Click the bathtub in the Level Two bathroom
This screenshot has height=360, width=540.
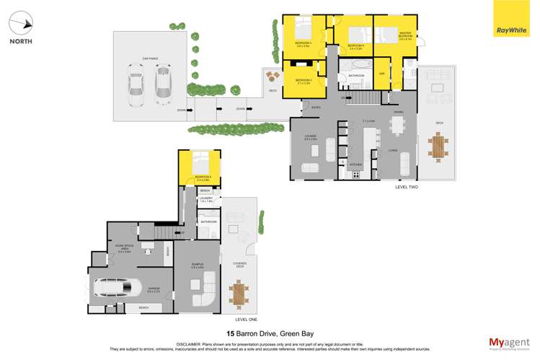[x=356, y=65]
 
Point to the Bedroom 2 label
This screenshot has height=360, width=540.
[x=304, y=80]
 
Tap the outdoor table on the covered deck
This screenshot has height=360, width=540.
[x=239, y=293]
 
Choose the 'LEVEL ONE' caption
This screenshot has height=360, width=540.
[x=246, y=318]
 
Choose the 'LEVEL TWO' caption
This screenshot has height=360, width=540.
[x=406, y=187]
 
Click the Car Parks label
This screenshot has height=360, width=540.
[x=150, y=58]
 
